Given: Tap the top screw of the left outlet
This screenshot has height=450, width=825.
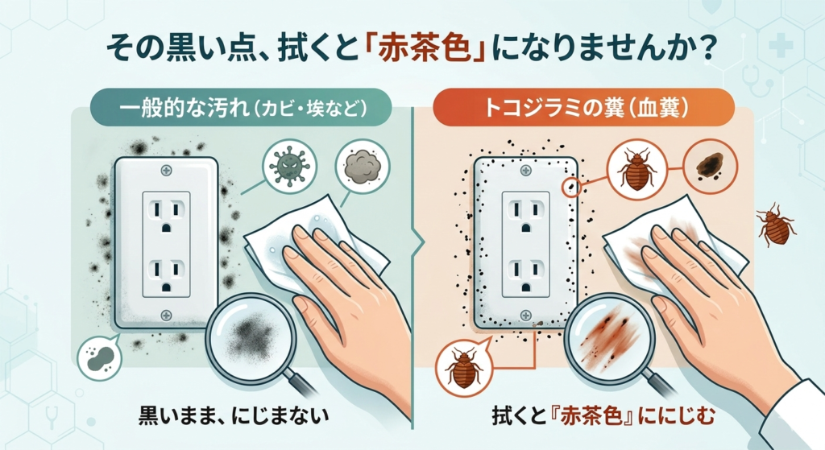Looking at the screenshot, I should (166, 171).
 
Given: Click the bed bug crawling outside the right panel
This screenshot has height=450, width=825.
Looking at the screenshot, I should (776, 225).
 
